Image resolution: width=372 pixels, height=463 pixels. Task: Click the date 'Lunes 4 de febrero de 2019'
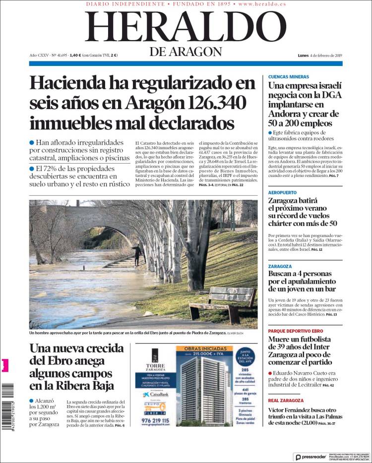pyautogui.click(x=320, y=56)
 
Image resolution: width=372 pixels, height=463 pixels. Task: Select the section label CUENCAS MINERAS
pyautogui.click(x=288, y=77)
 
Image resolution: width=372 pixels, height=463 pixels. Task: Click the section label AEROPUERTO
pyautogui.click(x=282, y=192)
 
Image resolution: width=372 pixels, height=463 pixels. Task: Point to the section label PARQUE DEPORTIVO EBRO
pyautogui.click(x=296, y=331)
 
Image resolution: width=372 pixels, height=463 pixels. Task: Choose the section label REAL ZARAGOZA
pyautogui.click(x=286, y=400)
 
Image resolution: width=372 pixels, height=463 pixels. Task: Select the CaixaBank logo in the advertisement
pyautogui.click(x=153, y=394)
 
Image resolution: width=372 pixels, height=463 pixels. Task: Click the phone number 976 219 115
pyautogui.click(x=155, y=420)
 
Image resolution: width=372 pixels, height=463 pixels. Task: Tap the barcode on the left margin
pyautogui.click(x=5, y=402)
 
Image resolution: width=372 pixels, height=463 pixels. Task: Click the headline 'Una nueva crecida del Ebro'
pyautogui.click(x=74, y=367)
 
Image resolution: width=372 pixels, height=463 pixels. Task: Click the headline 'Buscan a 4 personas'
pyautogui.click(x=303, y=281)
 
